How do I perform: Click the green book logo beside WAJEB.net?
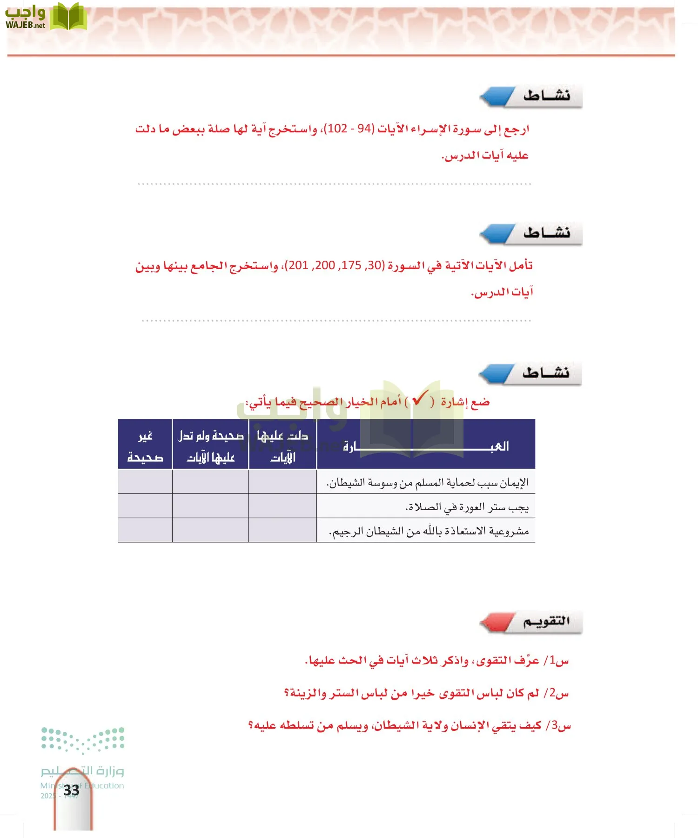[x=68, y=17]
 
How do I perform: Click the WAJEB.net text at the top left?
[x=25, y=26]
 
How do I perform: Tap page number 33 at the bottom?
[x=72, y=790]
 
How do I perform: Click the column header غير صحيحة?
[x=145, y=446]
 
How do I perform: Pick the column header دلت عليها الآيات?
[x=282, y=446]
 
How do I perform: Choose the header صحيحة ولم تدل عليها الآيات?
[x=211, y=446]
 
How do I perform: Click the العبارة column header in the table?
[x=426, y=446]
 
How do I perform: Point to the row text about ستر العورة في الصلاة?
[x=467, y=507]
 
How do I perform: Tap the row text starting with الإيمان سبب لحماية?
[x=428, y=483]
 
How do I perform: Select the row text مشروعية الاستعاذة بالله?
[x=429, y=531]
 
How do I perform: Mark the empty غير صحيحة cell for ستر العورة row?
[x=145, y=506]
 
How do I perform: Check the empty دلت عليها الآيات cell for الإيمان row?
[x=282, y=482]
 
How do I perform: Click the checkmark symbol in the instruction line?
[x=420, y=399]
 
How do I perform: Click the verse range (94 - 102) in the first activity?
[x=349, y=128]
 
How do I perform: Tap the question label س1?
[x=558, y=660]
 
